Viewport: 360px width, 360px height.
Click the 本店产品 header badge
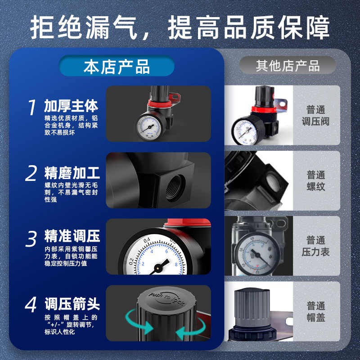tap(117, 66)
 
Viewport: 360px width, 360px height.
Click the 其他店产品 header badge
tap(288, 66)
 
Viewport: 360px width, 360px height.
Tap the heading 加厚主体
tap(71, 106)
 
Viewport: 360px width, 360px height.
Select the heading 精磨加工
tap(72, 173)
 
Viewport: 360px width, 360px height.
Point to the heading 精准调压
tap(72, 236)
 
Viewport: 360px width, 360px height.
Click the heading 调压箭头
tap(72, 304)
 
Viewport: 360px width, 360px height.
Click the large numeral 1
tap(31, 107)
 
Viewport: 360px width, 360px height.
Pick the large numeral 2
tap(31, 173)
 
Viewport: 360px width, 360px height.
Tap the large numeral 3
tap(31, 239)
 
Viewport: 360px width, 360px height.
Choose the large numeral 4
tap(31, 305)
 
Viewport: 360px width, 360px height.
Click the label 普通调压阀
tap(316, 116)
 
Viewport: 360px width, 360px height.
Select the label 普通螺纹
tap(316, 181)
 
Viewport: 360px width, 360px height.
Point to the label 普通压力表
tap(316, 246)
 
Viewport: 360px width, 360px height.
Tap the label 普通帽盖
tap(316, 312)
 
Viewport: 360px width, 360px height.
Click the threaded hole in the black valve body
tap(175, 188)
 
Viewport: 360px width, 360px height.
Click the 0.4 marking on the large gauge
tap(147, 241)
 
